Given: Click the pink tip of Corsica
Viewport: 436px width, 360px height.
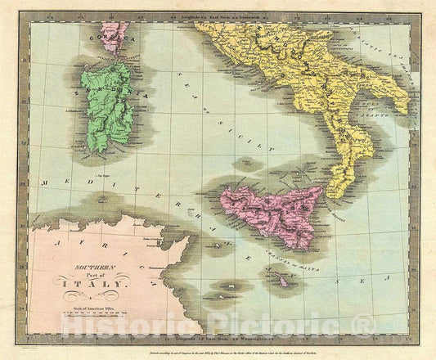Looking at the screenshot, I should pyautogui.click(x=112, y=34).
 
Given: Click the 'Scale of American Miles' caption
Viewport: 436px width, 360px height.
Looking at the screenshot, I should pyautogui.click(x=90, y=304).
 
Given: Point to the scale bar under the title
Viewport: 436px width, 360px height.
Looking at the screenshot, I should pyautogui.click(x=90, y=313).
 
